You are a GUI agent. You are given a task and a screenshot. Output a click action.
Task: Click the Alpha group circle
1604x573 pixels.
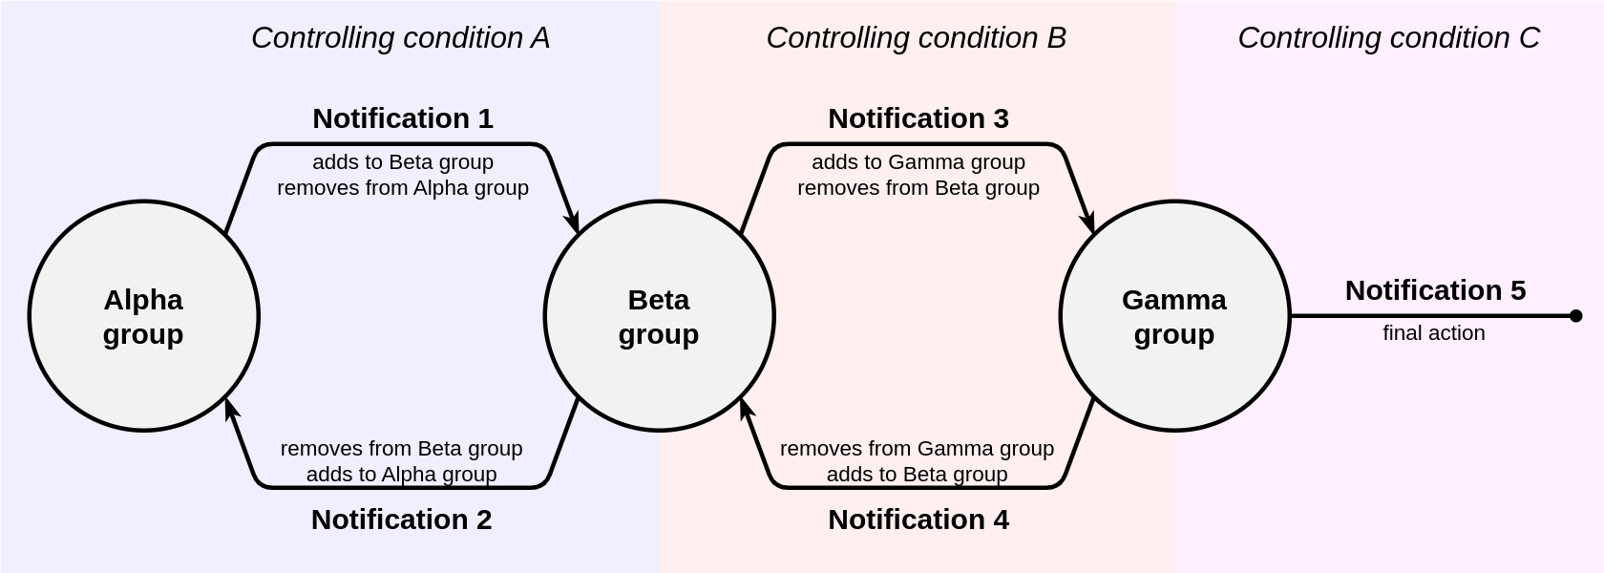[x=143, y=316]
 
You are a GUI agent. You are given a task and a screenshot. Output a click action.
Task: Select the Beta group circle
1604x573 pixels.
[x=659, y=316]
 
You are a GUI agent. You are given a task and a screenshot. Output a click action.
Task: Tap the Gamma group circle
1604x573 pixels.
[x=1174, y=316]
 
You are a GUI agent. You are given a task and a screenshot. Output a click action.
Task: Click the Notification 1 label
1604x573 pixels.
[x=403, y=118]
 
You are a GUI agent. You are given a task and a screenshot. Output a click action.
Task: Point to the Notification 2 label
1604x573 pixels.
[x=402, y=520]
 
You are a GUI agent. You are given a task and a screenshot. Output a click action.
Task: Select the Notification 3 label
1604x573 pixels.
[x=918, y=118]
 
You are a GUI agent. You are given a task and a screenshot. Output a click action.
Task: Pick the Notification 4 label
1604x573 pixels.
[x=918, y=520]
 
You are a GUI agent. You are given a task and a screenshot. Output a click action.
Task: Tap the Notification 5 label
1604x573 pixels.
[x=1436, y=290]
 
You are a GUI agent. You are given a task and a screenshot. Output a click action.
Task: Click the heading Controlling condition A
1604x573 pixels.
[x=400, y=38]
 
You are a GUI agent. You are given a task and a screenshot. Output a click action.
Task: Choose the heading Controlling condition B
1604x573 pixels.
[x=917, y=38]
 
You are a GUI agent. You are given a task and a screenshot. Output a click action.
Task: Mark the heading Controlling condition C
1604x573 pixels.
[x=1389, y=38]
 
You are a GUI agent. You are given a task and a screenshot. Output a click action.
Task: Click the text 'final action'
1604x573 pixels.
[x=1434, y=333]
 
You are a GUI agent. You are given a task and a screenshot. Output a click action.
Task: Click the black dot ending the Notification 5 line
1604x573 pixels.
[x=1575, y=316]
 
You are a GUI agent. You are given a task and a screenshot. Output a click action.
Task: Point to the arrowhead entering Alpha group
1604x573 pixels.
[x=231, y=409]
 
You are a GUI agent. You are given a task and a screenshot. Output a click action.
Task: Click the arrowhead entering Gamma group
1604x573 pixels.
[x=1088, y=222]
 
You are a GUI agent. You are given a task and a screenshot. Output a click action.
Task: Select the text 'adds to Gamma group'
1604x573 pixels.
[x=918, y=162]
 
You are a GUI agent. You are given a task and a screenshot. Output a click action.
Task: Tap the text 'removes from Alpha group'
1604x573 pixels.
[x=403, y=188]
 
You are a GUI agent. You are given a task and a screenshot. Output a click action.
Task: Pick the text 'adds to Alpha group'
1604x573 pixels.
[x=402, y=474]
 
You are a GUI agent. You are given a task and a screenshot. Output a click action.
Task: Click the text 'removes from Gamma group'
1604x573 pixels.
[x=918, y=449]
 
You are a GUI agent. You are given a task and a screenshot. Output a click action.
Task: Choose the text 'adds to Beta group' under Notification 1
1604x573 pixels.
[x=403, y=162]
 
